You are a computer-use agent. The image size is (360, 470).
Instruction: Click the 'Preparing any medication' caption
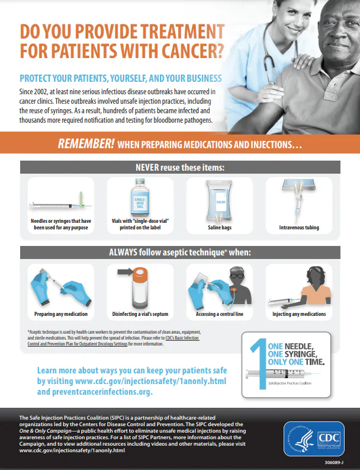pyautogui.click(x=61, y=314)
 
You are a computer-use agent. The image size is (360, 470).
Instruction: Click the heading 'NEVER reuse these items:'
pyautogui.click(x=180, y=167)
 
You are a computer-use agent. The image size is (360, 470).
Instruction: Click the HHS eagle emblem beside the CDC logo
pyautogui.click(x=300, y=437)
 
